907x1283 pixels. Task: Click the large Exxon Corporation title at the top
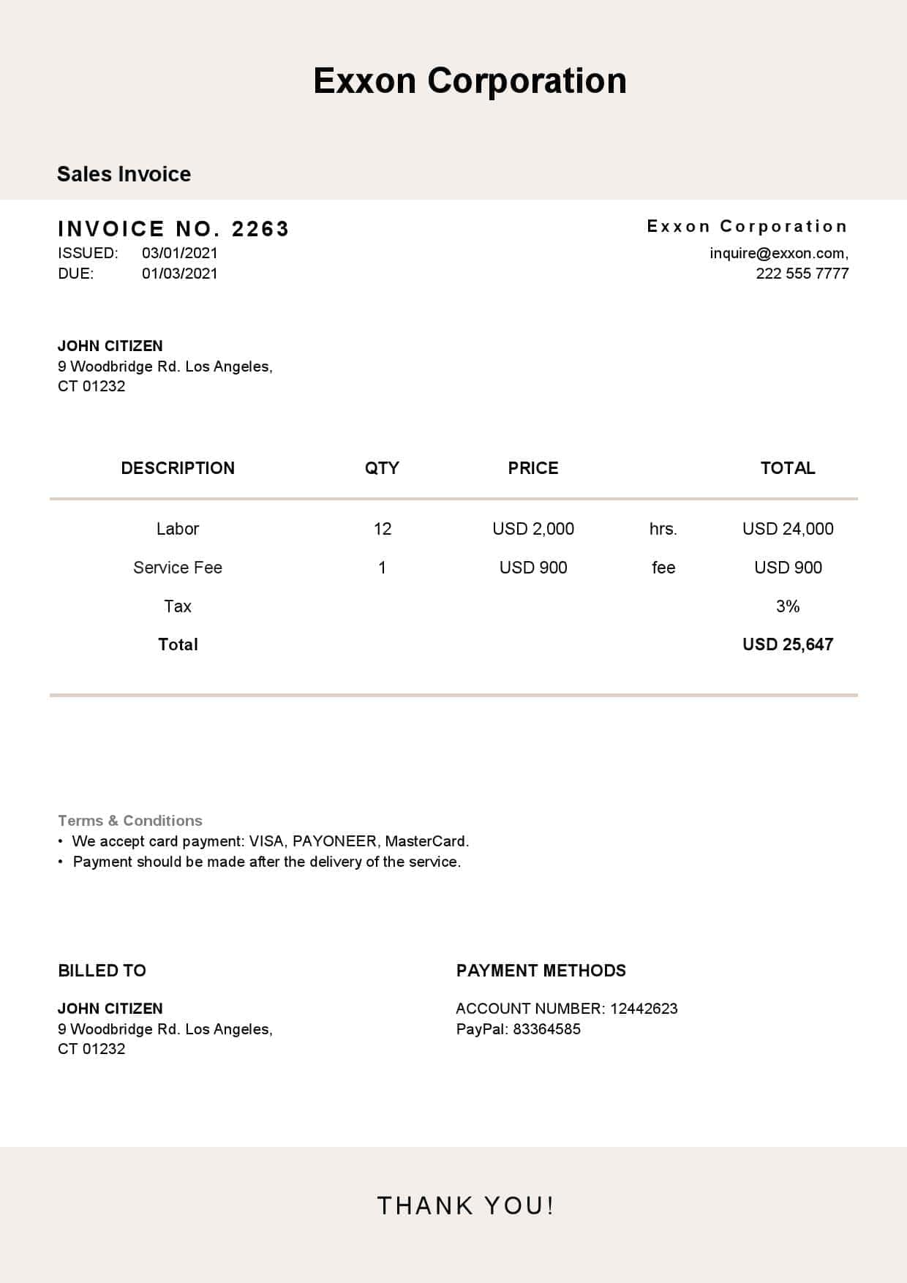[470, 80]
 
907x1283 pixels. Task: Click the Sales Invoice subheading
[124, 174]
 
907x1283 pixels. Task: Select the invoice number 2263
[260, 229]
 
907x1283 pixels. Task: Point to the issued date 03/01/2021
[180, 253]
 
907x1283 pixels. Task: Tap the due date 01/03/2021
[180, 274]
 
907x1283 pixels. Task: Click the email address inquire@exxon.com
[778, 253]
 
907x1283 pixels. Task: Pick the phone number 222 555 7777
[802, 274]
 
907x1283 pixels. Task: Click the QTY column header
[382, 468]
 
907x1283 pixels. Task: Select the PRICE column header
[533, 468]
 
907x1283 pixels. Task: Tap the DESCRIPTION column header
[178, 468]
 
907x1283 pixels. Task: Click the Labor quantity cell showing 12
[383, 529]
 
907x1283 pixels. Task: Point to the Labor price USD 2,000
[533, 529]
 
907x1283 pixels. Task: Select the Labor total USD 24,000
[788, 529]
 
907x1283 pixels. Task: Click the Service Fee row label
[178, 568]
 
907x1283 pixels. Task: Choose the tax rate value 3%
[788, 606]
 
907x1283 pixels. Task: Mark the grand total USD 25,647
[788, 644]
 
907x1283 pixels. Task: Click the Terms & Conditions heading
[130, 821]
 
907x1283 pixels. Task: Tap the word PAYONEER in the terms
[335, 841]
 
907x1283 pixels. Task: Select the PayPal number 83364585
[546, 1029]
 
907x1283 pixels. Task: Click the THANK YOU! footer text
[466, 1205]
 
